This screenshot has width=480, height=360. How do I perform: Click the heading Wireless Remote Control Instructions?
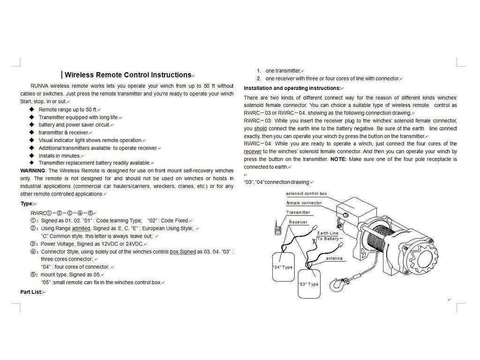127,75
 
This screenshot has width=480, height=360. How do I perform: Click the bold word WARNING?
33,171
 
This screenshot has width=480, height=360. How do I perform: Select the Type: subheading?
27,203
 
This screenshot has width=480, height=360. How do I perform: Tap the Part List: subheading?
31,292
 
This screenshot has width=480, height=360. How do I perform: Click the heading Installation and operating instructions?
292,88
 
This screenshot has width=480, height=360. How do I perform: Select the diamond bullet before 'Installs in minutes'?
31,155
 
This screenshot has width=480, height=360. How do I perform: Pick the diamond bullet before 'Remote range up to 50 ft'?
31,109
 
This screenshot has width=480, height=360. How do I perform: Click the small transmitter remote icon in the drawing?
278,230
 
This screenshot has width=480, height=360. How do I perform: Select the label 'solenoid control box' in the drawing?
307,194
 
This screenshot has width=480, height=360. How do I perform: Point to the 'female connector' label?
304,203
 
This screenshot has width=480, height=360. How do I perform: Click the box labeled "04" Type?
283,267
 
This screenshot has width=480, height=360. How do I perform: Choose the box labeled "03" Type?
308,283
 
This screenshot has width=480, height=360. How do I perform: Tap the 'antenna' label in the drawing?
334,258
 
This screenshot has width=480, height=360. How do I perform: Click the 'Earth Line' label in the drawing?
328,233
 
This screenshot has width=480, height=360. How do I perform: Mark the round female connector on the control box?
345,214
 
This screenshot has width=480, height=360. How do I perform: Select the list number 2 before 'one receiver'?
258,78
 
